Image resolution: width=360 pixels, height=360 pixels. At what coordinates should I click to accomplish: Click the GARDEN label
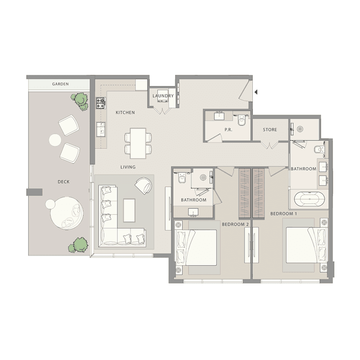point(60,84)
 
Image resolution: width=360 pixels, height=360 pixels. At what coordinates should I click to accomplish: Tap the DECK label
point(63,182)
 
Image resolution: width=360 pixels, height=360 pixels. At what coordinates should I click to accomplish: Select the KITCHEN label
point(125,112)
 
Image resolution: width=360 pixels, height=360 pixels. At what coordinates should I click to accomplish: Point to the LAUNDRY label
point(163,96)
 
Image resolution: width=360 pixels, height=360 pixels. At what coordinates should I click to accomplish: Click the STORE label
point(270,130)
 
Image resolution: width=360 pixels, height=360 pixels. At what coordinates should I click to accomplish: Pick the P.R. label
point(228,130)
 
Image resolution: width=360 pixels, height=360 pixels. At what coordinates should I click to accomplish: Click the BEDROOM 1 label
point(283,214)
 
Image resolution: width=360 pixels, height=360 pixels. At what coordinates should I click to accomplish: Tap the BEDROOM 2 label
point(235,224)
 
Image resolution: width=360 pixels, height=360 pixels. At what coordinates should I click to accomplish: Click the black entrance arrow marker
point(256,92)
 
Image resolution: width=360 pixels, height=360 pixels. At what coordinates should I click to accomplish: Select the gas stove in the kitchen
point(101,103)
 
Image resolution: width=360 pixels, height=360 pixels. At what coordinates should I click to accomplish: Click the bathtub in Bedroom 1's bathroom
point(310,199)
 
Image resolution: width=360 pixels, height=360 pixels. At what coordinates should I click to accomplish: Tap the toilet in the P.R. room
point(242,119)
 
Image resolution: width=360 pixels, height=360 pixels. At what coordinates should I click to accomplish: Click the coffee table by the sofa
point(129,210)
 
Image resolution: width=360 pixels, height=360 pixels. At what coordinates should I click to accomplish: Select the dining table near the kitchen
point(138,143)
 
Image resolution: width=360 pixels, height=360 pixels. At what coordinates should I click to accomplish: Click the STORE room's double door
point(270,145)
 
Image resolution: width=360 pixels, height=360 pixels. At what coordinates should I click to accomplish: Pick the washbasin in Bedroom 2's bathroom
point(193,212)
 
